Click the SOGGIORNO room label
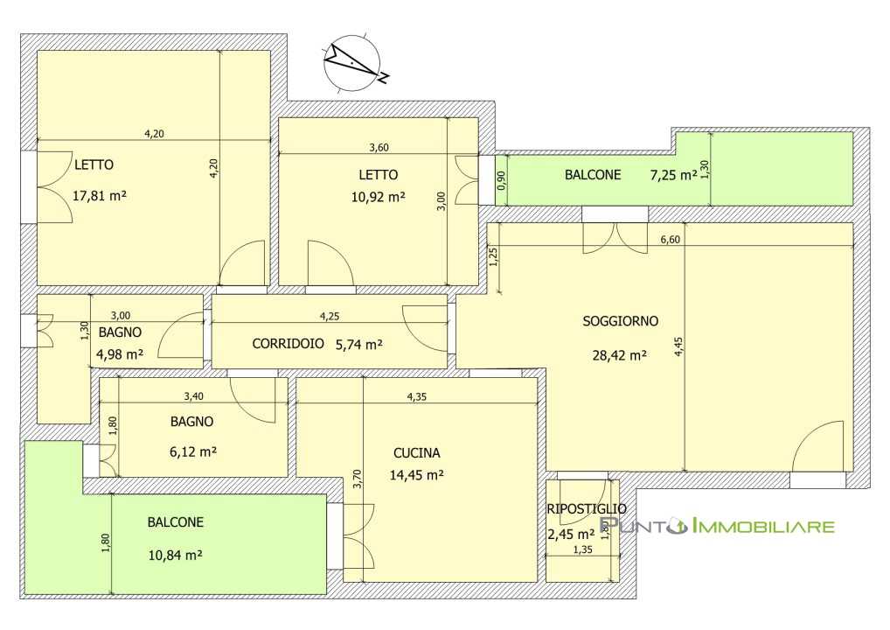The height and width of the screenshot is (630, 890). click(621, 321)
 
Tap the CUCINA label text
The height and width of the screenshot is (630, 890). click(417, 452)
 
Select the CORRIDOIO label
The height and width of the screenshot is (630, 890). click(288, 343)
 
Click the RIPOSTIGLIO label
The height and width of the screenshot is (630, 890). click(587, 509)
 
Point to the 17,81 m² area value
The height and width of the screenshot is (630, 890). click(100, 196)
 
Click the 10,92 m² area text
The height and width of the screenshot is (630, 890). click(378, 197)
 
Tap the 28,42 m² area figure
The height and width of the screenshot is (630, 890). click(620, 355)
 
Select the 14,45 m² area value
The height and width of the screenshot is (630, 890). click(417, 475)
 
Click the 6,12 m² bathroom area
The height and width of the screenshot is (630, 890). click(193, 451)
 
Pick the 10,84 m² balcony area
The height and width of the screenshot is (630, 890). click(176, 555)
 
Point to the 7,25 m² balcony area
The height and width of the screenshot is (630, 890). click(673, 175)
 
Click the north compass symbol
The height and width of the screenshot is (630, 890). click(353, 61)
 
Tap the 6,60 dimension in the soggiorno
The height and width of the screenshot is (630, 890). click(671, 240)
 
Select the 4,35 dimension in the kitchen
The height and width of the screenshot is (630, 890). click(417, 397)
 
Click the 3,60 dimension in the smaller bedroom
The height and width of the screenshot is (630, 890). click(379, 148)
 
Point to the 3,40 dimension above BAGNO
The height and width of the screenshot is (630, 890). click(193, 396)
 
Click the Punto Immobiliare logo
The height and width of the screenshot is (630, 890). click(717, 526)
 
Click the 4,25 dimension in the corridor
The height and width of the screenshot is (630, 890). click(330, 317)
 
